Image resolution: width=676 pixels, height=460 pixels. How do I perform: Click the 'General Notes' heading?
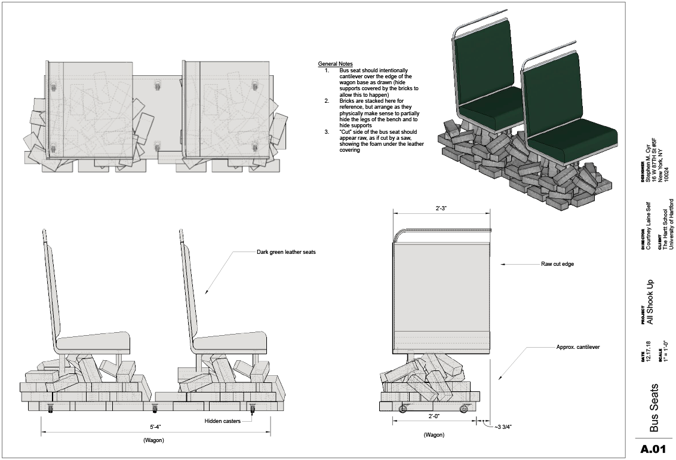pos(335,64)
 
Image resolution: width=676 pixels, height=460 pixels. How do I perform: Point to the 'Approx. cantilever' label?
pos(577,346)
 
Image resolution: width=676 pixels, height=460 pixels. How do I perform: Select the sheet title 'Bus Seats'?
pos(654,407)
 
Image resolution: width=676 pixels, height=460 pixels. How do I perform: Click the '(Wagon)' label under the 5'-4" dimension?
pos(154,440)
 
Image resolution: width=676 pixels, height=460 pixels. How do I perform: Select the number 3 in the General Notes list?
pos(327,131)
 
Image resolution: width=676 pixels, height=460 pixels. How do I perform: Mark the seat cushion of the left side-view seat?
pos(96,342)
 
